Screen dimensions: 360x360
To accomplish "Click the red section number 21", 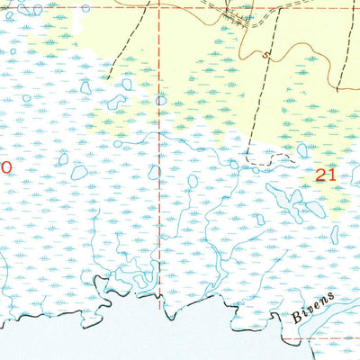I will (x=326, y=176).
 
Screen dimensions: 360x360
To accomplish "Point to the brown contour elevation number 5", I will (x=265, y=56).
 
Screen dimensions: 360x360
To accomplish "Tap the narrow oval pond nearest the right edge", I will (x=335, y=234).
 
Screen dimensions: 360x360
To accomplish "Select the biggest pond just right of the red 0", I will (x=79, y=171).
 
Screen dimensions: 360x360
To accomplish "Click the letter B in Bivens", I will (x=297, y=316).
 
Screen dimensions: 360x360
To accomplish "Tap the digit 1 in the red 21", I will (x=332, y=176).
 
